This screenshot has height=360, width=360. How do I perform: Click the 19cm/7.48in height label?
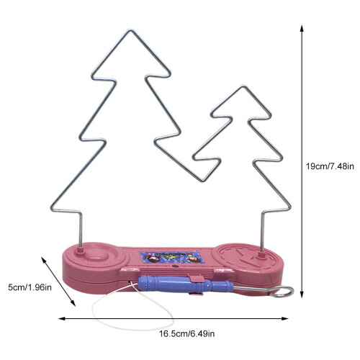(330, 166)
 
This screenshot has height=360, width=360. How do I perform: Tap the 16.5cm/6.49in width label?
(187, 333)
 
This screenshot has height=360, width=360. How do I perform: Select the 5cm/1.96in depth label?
(30, 287)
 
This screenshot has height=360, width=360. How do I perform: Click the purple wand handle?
(185, 284)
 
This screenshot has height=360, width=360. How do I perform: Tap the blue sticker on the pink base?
(172, 257)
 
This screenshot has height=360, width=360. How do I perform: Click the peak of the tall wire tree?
(131, 30)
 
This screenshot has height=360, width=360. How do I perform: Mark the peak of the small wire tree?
(243, 86)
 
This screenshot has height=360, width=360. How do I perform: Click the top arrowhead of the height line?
(302, 28)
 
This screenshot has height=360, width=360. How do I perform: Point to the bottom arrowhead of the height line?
(302, 294)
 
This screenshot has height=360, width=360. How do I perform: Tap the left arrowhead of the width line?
(62, 318)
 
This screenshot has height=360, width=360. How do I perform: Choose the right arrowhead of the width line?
(285, 318)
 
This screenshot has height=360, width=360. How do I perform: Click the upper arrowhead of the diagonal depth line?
(43, 260)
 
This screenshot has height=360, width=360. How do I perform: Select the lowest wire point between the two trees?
(203, 181)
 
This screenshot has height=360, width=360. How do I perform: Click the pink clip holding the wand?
(197, 279)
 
